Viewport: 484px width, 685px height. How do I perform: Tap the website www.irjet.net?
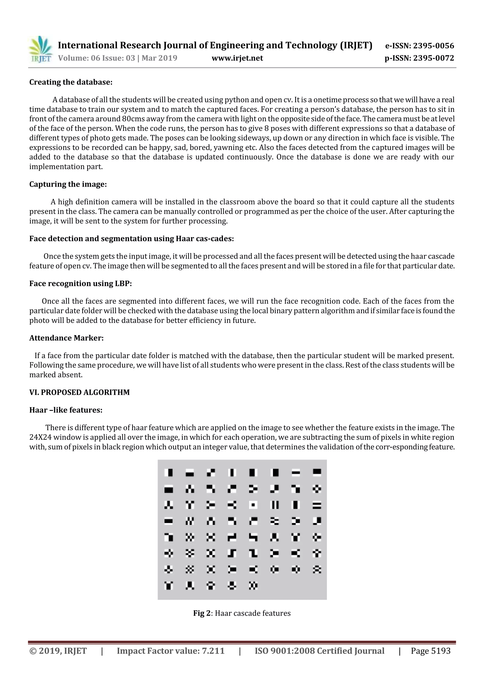pos(237,58)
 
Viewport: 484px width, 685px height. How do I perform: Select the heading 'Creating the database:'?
pos(71,82)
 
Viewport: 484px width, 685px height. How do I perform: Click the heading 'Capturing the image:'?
pos(68,184)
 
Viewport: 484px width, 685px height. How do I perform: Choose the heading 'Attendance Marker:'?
pos(66,338)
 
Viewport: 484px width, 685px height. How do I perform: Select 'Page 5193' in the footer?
pos(431,651)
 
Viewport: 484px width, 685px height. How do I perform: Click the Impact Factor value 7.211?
pos(213,651)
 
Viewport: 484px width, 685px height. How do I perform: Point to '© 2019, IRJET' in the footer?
pos(58,651)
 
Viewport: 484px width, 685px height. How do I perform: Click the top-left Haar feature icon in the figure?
pos(169,473)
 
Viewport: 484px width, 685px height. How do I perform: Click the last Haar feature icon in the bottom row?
pos(253,586)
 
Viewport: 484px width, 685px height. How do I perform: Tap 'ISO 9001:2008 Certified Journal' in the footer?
pos(320,651)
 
